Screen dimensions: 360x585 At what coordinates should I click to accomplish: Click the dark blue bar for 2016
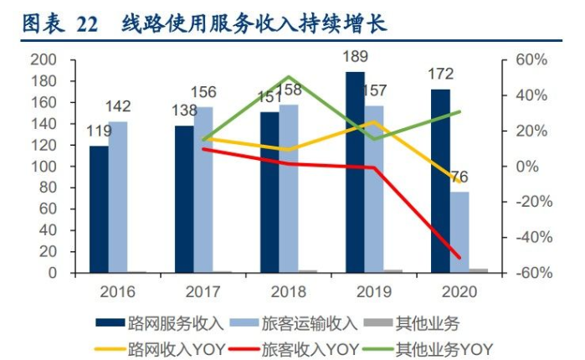pos(99,209)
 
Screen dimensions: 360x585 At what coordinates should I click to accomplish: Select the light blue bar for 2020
pos(459,232)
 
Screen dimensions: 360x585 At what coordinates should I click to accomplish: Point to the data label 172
pos(441,75)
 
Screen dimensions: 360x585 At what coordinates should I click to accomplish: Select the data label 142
pos(119,107)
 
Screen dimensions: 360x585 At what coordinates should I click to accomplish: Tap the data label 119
pos(99,131)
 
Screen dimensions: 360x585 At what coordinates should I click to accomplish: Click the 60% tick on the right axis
pos(531,60)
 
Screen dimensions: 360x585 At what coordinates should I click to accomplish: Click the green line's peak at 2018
pos(288,77)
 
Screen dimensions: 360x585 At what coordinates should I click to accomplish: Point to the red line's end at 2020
pos(459,257)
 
